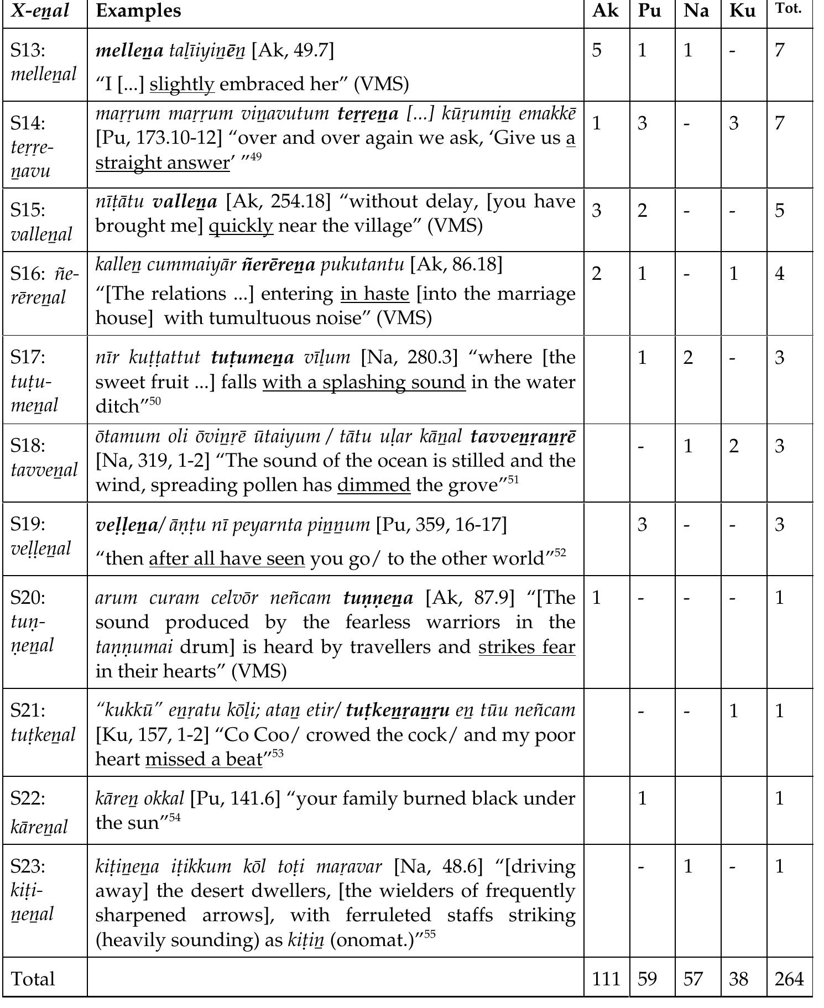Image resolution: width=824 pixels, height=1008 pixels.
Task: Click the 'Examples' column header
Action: tap(138, 11)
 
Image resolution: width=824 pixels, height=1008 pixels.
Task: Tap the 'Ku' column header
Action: tap(742, 11)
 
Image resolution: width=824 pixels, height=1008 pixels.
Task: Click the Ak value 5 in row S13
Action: tap(596, 50)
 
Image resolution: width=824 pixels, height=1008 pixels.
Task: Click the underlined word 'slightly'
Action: tap(182, 84)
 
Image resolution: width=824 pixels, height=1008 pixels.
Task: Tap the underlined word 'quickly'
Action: tap(241, 226)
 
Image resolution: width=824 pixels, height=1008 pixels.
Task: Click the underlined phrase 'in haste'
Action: tap(374, 294)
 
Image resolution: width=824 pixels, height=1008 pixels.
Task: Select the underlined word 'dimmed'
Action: tap(373, 485)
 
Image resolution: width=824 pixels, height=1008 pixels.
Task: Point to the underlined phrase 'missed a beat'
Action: tap(204, 759)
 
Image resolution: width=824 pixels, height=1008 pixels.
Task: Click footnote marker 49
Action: tap(255, 156)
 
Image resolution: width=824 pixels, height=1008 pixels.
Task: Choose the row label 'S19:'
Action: tap(28, 524)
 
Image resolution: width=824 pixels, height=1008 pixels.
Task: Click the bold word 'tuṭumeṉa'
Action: tap(252, 358)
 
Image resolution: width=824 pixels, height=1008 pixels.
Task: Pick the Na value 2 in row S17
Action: tap(687, 358)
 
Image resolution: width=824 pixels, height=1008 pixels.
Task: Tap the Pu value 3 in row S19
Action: tap(642, 524)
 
